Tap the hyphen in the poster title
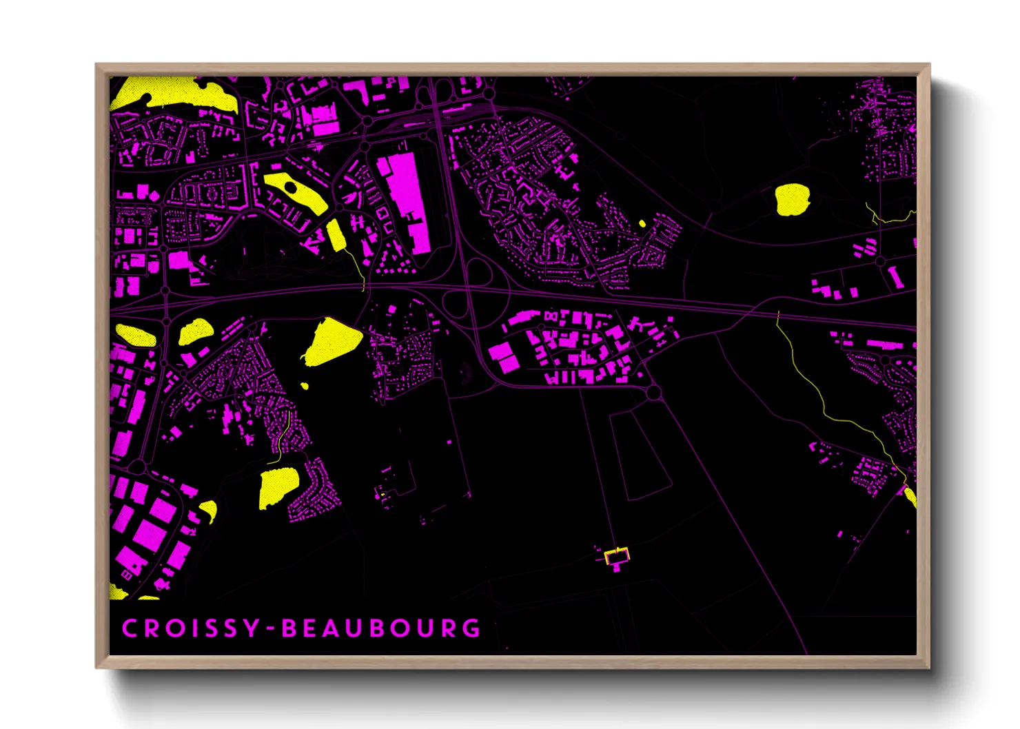tap(272, 629)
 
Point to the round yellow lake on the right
tap(792, 200)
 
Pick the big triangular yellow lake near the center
tap(331, 342)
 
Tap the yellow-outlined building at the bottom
tap(617, 555)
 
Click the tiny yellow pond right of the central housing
tap(642, 223)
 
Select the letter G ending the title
tap(472, 628)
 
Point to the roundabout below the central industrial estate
tap(653, 393)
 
